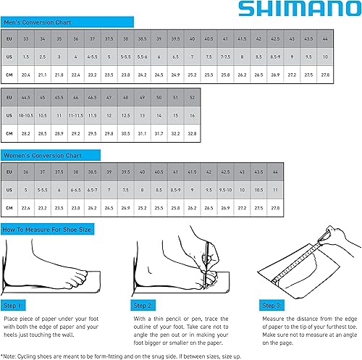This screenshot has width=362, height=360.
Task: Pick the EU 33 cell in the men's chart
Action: (26, 38)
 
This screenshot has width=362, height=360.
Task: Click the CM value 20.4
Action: (26, 74)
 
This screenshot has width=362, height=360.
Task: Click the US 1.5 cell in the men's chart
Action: (26, 56)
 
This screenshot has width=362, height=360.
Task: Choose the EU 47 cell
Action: (109, 97)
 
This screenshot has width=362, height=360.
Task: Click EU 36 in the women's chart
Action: (26, 171)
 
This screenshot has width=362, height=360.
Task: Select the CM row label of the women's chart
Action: (9, 207)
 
